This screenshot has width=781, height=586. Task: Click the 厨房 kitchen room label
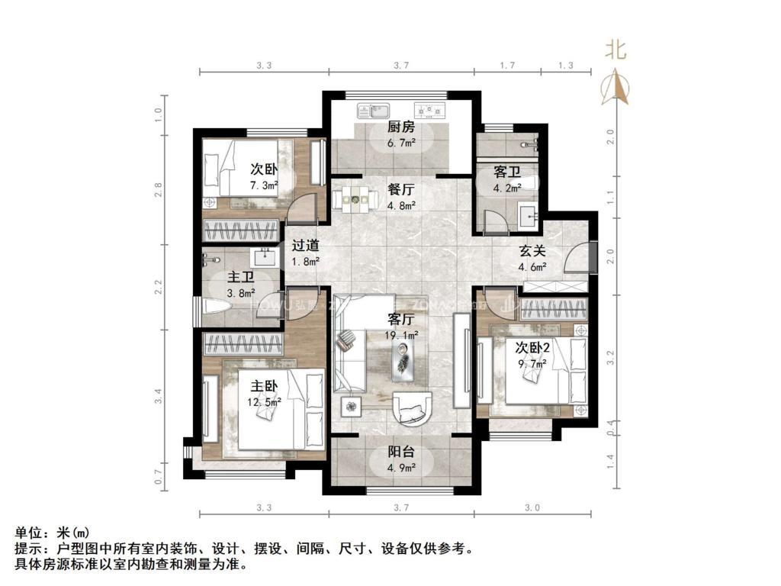(x=400, y=127)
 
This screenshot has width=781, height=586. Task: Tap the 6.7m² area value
(x=400, y=143)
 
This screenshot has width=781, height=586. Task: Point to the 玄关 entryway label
(x=533, y=251)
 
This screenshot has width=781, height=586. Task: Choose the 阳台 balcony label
(x=400, y=451)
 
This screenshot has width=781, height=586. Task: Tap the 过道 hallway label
(x=306, y=246)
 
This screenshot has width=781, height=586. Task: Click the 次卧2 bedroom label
(x=532, y=347)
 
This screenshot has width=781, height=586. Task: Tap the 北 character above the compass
(x=615, y=50)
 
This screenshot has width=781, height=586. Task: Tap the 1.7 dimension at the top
(x=507, y=66)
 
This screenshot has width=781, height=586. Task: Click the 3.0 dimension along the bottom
(x=532, y=507)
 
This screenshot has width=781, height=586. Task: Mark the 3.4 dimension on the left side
(x=158, y=396)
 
